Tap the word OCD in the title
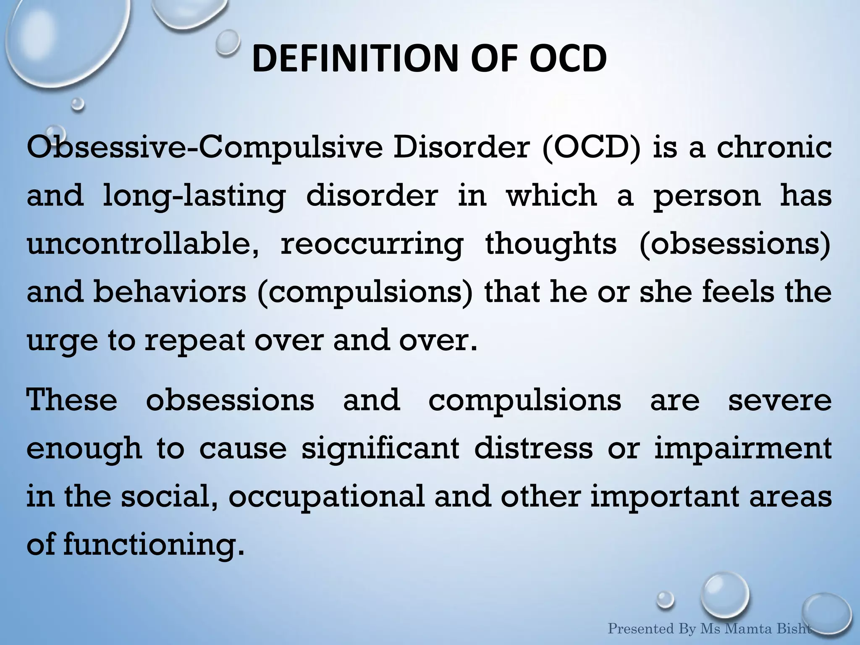[x=567, y=59]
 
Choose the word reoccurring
[x=372, y=244]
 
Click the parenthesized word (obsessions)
[x=735, y=244]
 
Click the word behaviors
[x=170, y=292]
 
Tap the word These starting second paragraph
[x=72, y=400]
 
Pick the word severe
[x=779, y=400]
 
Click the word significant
[x=380, y=448]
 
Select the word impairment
[x=743, y=448]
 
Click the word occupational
[x=327, y=497]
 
